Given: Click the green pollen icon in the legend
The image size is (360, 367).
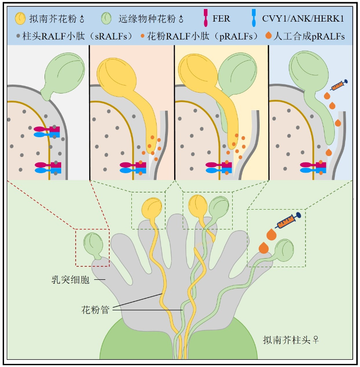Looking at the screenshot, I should pos(106,18).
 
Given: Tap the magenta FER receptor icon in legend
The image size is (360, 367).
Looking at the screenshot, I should pos(206,19).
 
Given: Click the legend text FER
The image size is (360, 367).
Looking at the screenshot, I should pos(221,19).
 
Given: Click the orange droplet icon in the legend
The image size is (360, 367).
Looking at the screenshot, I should pos(269,36).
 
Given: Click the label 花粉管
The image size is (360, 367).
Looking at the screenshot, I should pos(95,309).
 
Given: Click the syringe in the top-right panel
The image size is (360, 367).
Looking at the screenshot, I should pos(339,85).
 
